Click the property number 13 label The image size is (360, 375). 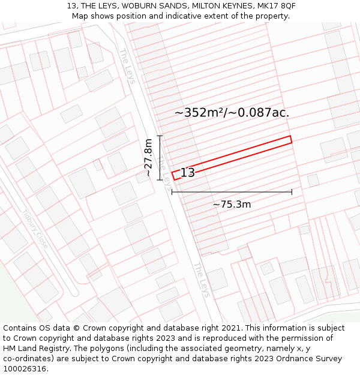tap(187, 173)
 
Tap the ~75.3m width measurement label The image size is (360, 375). tap(232, 205)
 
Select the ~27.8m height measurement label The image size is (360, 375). tap(148, 158)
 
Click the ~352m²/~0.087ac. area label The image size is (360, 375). tap(232, 113)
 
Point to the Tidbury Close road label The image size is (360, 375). tap(35, 227)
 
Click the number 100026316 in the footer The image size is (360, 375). tap(25, 368)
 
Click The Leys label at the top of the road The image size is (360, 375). tap(127, 65)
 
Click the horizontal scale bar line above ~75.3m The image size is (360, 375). tap(232, 192)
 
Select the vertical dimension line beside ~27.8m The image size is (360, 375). tap(160, 158)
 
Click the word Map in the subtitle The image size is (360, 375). tap(80, 16)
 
